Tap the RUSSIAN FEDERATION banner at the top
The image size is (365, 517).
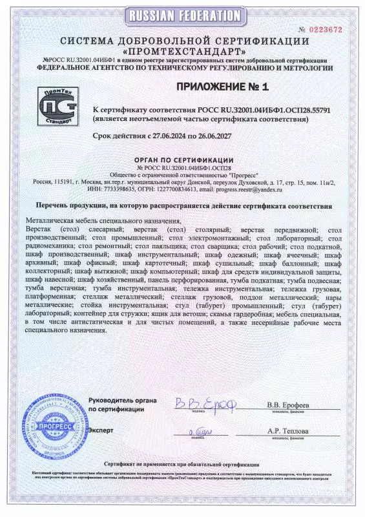pyautogui.click(x=182, y=15)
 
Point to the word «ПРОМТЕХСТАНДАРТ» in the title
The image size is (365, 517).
pyautogui.click(x=183, y=50)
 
